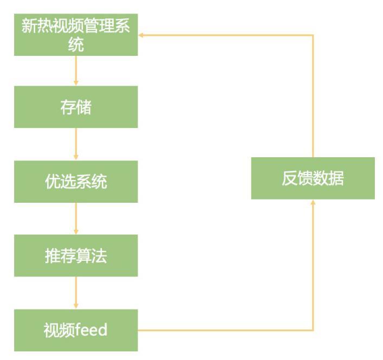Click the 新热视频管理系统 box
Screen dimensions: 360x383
tap(76, 35)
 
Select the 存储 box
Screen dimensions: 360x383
tap(76, 107)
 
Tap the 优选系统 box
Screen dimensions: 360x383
tap(76, 181)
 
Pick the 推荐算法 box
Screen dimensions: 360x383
tap(76, 255)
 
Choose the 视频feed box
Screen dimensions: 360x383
tap(76, 330)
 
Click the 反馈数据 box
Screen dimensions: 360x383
tap(313, 178)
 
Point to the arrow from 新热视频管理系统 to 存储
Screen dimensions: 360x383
tap(76, 70)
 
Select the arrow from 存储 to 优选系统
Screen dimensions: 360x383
tap(76, 144)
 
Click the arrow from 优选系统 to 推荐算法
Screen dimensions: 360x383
tap(76, 218)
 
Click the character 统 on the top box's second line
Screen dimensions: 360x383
tap(76, 45)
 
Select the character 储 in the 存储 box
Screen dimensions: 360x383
tap(83, 107)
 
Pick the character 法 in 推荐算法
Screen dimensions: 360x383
tap(99, 255)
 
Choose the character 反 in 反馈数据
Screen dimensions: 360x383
tap(290, 178)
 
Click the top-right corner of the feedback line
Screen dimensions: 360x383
tap(313, 35)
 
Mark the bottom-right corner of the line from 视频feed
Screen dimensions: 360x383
tap(313, 330)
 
